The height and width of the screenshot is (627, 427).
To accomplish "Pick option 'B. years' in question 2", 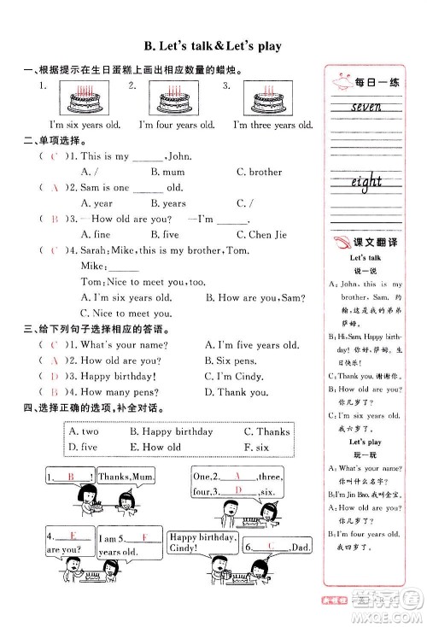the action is point(168,203).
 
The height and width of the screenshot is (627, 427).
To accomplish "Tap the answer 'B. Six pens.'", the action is point(231,360).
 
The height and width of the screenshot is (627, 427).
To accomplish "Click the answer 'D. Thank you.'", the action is point(237,392).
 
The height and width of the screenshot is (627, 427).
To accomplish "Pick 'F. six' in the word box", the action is point(256,447).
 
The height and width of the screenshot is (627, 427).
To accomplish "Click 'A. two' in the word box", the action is point(84,431).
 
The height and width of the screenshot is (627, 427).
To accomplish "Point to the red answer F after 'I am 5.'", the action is point(146,537).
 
